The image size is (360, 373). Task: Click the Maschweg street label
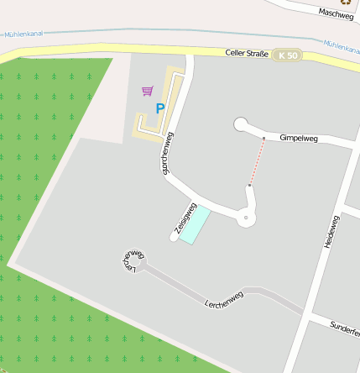pyautogui.click(x=336, y=13)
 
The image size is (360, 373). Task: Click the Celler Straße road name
pyautogui.click(x=247, y=53)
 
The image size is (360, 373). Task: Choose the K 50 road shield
pyautogui.click(x=287, y=55)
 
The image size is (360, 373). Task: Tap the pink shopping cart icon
pyautogui.click(x=148, y=90)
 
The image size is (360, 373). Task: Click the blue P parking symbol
pyautogui.click(x=159, y=109)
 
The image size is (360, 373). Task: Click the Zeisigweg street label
pyautogui.click(x=184, y=217)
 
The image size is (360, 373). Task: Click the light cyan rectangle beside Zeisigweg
pyautogui.click(x=195, y=224)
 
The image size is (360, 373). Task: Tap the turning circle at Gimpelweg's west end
pyautogui.click(x=241, y=125)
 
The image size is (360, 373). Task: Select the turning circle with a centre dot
pyautogui.click(x=245, y=218)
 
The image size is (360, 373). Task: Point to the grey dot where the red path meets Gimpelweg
pyautogui.click(x=263, y=138)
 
